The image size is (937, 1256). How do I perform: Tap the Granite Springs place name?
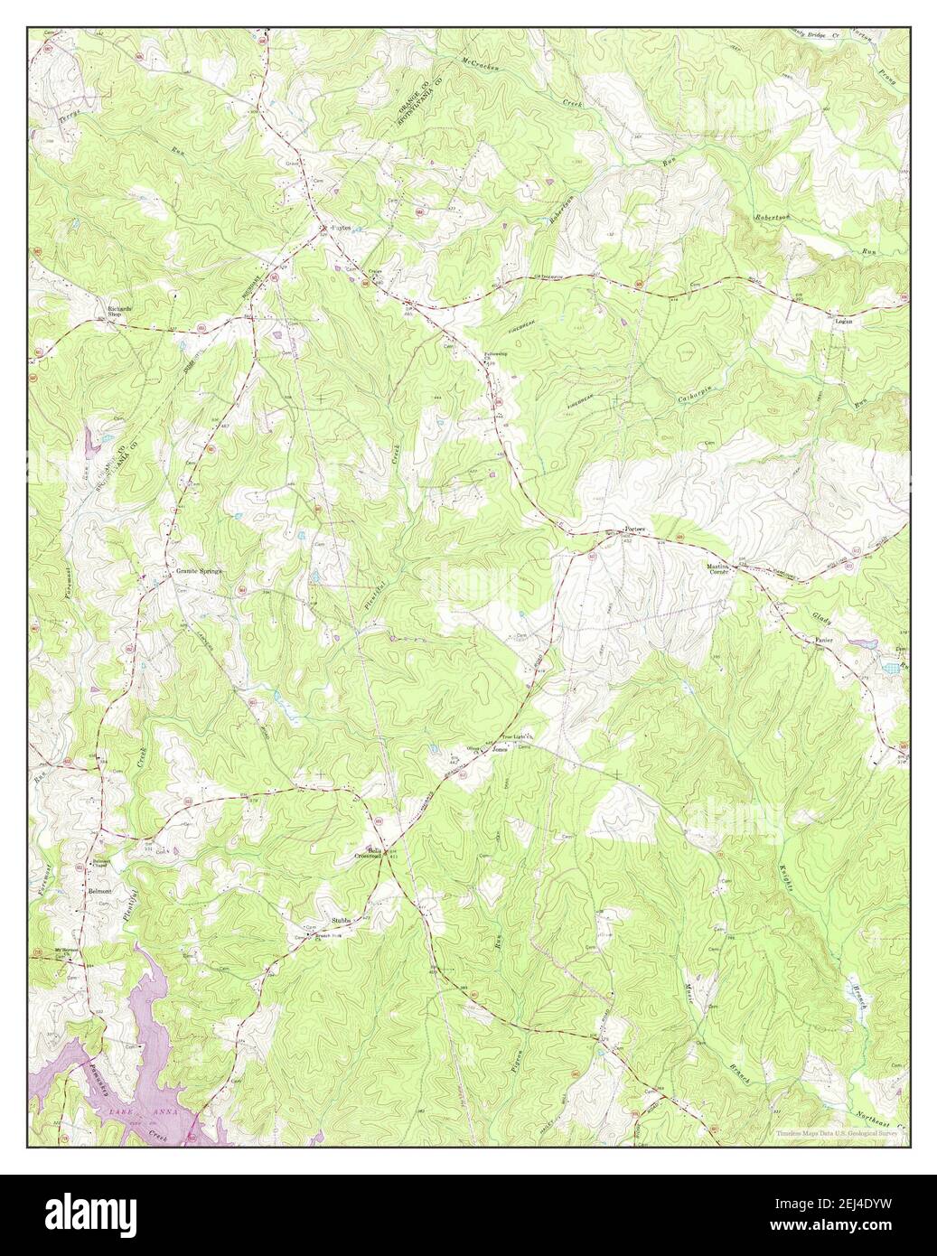[x=198, y=572]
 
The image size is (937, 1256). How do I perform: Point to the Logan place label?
[x=844, y=321]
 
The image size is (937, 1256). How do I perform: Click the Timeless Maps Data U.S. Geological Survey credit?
[x=839, y=1133]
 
